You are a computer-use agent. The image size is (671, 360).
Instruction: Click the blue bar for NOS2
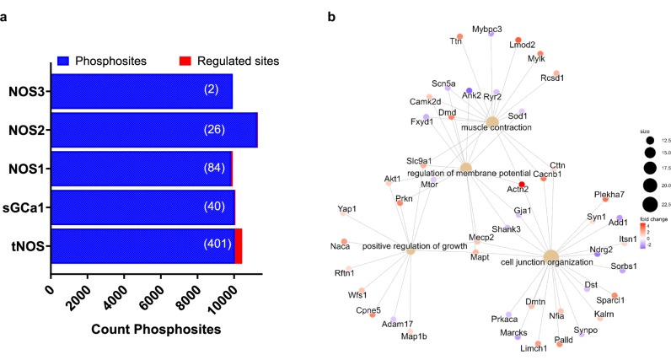pos(152,130)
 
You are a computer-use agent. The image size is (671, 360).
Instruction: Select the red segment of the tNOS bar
pos(239,245)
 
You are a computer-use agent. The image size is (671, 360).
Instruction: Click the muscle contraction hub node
pos(491,122)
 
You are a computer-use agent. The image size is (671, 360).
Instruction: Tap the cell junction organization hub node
pos(550,256)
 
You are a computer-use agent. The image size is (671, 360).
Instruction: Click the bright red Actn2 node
pos(522,184)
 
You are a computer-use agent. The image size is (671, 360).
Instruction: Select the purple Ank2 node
pos(469,90)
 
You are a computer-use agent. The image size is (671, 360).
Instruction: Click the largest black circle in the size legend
pos(651,203)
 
